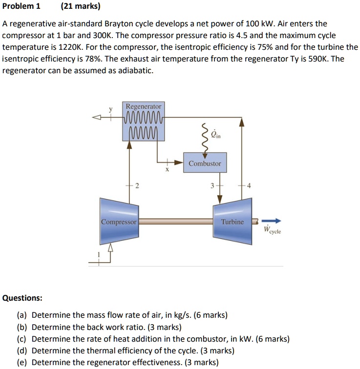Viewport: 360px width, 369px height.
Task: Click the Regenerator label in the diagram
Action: click(143, 106)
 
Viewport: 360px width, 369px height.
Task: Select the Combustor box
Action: click(205, 164)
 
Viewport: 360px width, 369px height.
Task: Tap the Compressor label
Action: click(119, 222)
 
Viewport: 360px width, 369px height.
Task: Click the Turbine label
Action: click(232, 222)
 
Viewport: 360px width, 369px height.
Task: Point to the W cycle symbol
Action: click(272, 230)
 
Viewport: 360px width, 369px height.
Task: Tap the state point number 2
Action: click(137, 185)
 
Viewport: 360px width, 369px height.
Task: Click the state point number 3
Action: click(212, 185)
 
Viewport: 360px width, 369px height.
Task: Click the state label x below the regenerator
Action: click(167, 171)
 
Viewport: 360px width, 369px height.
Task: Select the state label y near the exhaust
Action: click(111, 109)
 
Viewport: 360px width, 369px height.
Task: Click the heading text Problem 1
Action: click(21, 6)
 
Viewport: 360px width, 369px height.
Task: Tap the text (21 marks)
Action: click(81, 6)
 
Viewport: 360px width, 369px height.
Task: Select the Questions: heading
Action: click(22, 298)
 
